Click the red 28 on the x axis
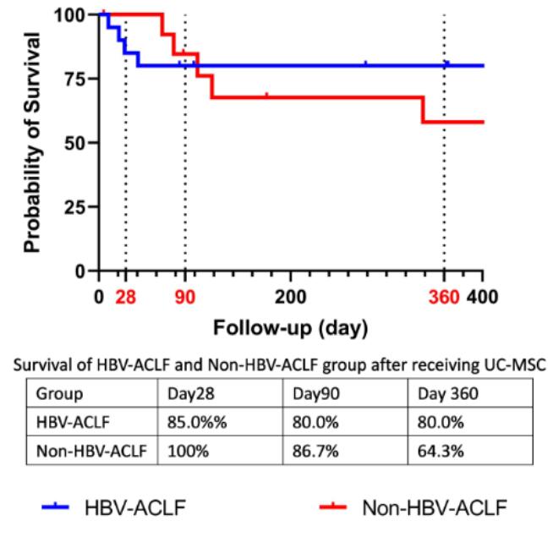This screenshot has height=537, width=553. (126, 297)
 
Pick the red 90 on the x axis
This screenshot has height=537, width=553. (185, 297)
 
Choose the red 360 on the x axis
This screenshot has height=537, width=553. (443, 297)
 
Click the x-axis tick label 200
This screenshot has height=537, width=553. (290, 297)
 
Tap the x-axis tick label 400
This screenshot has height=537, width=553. (484, 297)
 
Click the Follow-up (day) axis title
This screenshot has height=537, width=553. (290, 326)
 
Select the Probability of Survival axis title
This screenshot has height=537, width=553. (33, 143)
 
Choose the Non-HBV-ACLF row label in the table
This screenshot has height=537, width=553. (90, 450)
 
